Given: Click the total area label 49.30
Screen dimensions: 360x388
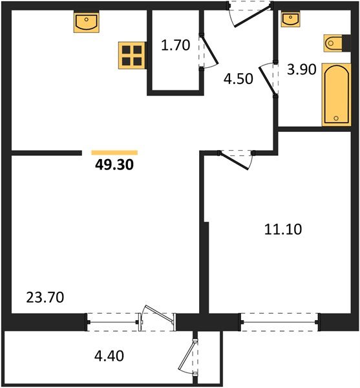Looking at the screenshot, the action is (x=114, y=164).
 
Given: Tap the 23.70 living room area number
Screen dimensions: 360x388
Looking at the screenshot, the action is (x=45, y=297).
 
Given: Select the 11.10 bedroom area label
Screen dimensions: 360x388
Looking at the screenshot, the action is (x=283, y=229).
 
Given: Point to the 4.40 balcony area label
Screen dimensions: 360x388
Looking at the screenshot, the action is (x=109, y=356).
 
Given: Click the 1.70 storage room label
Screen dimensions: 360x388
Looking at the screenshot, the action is (x=176, y=45).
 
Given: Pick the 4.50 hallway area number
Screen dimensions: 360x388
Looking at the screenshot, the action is (x=238, y=79).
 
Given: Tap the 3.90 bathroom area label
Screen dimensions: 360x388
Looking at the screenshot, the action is (x=302, y=70).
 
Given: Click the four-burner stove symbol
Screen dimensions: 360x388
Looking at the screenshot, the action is (x=132, y=56).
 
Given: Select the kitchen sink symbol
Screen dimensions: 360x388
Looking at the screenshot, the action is (x=87, y=22).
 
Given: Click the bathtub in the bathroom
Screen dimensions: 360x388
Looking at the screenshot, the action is (x=337, y=94).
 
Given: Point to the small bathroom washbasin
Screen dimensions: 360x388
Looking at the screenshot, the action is (x=291, y=19).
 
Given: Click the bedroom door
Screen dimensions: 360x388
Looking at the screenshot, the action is (x=233, y=161).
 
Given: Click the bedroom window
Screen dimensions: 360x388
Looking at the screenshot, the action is (x=279, y=322).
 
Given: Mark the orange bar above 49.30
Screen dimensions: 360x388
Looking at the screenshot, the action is (x=114, y=153).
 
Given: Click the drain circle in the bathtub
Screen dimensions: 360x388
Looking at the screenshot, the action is (x=336, y=118).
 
